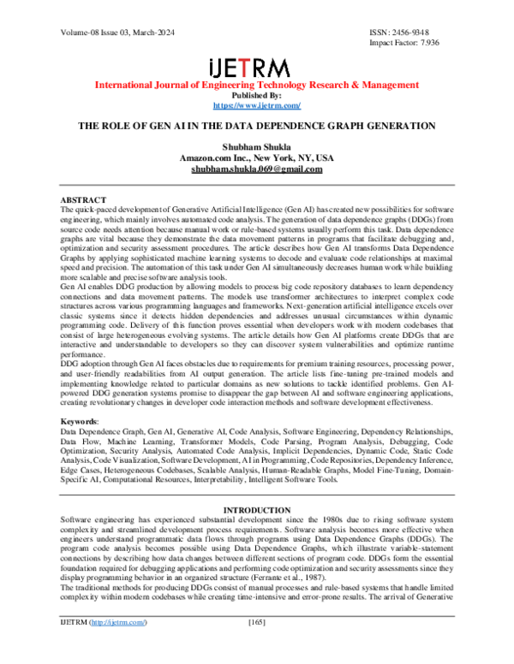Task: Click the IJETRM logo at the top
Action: click(x=256, y=67)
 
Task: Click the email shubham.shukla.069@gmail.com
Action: click(x=257, y=169)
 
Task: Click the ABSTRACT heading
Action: click(x=84, y=199)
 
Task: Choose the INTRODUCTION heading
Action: click(x=257, y=511)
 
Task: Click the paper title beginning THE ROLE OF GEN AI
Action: click(x=257, y=126)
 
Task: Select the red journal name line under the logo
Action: click(x=257, y=86)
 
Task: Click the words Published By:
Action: click(x=257, y=95)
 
